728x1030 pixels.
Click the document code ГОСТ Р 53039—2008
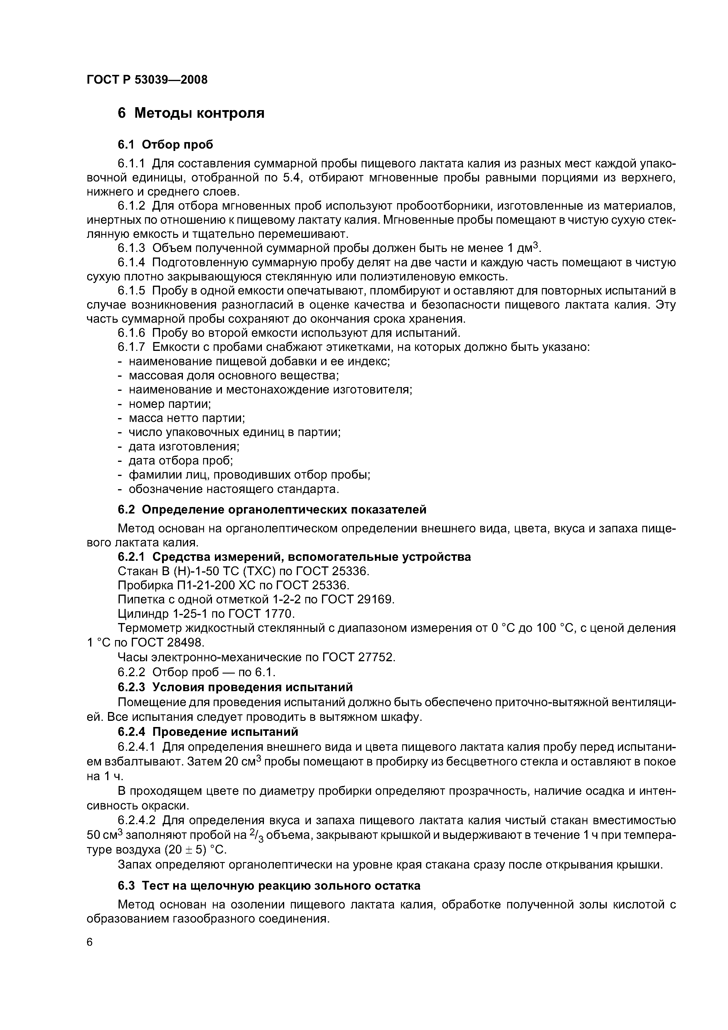click(147, 80)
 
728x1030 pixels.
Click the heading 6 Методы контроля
click(191, 113)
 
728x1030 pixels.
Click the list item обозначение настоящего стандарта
click(233, 489)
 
